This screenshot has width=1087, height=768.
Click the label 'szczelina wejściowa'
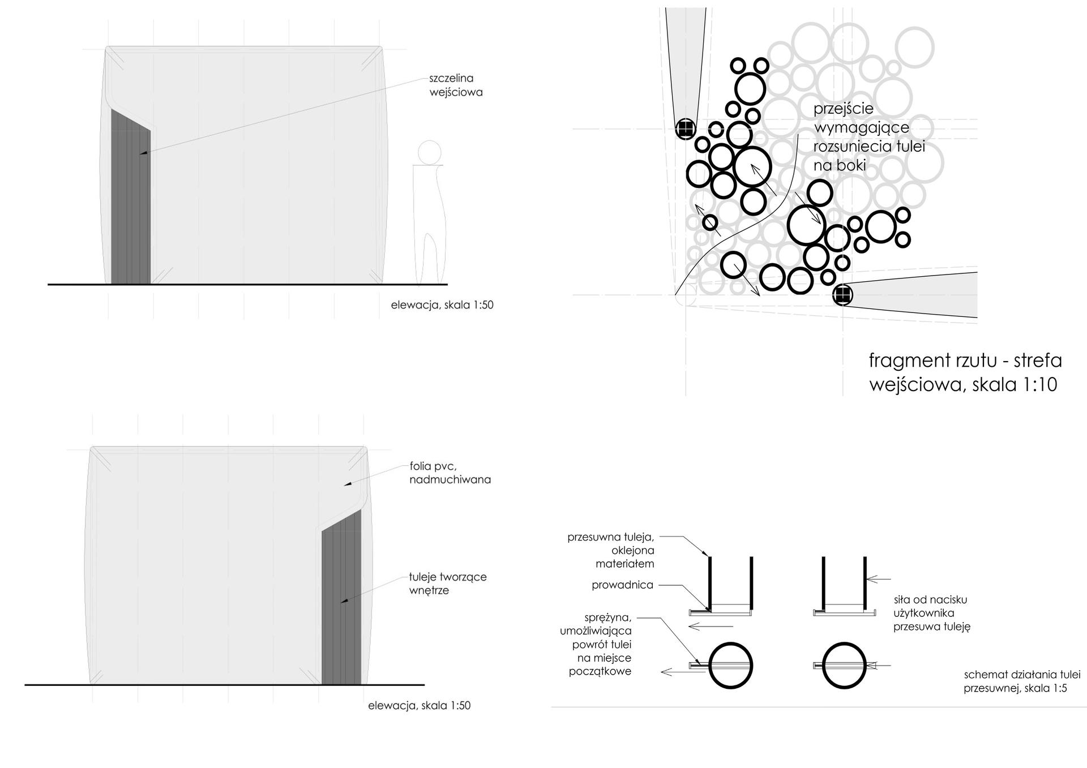click(x=456, y=85)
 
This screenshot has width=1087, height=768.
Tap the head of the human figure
click(x=430, y=152)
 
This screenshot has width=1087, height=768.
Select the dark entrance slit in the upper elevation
click(x=131, y=196)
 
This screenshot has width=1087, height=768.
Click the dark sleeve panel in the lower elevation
click(x=341, y=597)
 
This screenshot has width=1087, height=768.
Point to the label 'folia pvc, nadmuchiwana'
click(x=450, y=473)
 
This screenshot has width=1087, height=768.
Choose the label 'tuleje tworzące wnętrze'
click(x=448, y=583)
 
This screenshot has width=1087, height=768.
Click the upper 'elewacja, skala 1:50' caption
click(x=442, y=305)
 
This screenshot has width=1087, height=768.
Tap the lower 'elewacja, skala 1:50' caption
click(x=419, y=706)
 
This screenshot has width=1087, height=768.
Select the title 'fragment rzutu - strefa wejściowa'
click(x=965, y=372)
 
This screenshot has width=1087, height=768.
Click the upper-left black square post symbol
click(x=686, y=129)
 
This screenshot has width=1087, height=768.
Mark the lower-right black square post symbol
click(x=843, y=294)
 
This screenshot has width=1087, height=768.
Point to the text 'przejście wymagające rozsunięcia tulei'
click(x=869, y=137)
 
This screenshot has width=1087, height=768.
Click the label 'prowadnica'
click(x=622, y=585)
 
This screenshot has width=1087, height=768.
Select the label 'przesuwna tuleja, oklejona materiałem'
click(x=611, y=550)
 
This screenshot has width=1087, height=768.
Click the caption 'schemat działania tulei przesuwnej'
click(x=1022, y=681)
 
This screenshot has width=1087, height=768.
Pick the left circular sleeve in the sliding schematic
click(x=730, y=666)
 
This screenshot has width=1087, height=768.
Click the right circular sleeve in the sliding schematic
click(x=844, y=666)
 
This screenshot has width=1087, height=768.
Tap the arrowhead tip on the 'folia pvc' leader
click(x=345, y=484)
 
